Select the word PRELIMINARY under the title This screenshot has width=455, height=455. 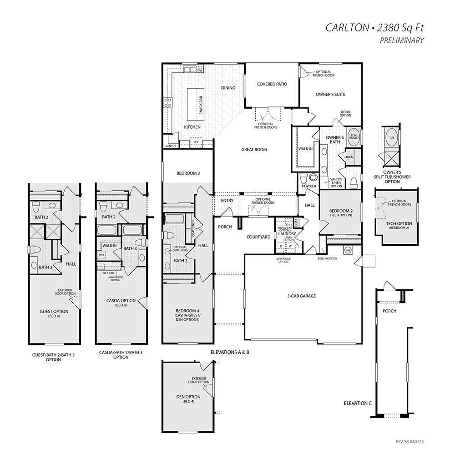pos(402,40)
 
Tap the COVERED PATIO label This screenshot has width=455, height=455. pos(272,84)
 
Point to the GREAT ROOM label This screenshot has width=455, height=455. pos(254,149)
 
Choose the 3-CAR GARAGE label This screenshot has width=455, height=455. pos(301,296)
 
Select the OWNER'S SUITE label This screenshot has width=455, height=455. pos(330,95)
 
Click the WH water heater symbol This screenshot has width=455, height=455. pos(348,250)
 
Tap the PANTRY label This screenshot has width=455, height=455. pos(171,146)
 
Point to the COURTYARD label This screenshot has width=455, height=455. pos(258,237)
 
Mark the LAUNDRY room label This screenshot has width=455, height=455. pos(287,234)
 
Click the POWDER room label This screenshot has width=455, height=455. pos(309,186)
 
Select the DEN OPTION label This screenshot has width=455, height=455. pos(188,397)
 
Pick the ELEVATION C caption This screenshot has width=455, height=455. pos(358,403)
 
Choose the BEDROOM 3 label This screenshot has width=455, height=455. pos(188,173)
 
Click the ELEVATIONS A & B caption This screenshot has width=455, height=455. pos(230,352)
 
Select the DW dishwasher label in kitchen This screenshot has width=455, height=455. pos(199,71)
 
